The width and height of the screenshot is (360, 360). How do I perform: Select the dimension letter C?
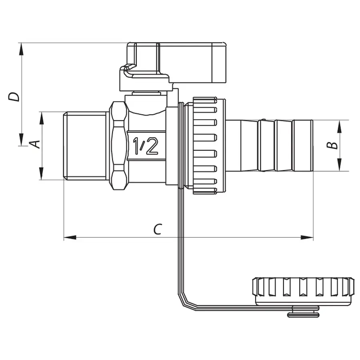point(158,229)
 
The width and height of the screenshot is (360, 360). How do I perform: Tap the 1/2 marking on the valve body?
point(146,147)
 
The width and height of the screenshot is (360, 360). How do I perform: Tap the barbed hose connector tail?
point(276,145)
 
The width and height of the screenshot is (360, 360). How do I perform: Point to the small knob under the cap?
point(303,312)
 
